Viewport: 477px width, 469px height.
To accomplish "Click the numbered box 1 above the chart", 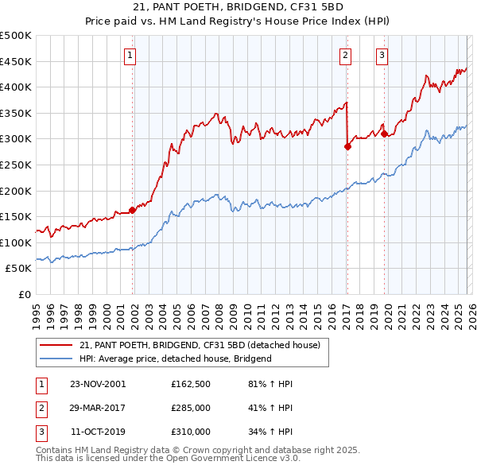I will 130,55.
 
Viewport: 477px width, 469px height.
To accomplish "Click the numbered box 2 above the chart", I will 346,55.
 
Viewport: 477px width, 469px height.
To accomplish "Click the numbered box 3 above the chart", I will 382,55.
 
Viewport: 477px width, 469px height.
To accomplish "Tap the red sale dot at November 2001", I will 133,211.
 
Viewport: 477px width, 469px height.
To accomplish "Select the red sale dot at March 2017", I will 347,146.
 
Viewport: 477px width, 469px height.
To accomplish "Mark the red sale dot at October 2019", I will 384,134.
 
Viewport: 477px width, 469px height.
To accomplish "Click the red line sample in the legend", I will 56,346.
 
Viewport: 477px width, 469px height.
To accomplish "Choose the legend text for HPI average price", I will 176,359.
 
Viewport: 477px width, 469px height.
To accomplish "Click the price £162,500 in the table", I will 191,384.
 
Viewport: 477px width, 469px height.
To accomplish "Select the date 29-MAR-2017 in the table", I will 98,408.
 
